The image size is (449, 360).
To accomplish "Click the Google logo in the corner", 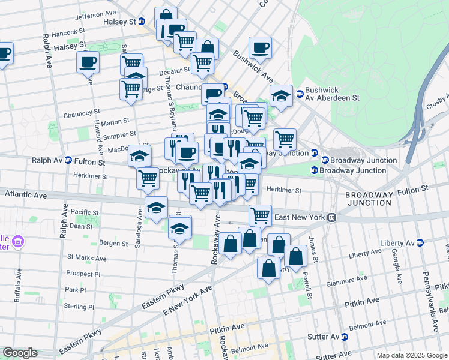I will click(20, 353).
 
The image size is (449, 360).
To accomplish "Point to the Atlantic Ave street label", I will click(26, 194).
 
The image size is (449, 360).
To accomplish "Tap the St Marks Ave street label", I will click(86, 258).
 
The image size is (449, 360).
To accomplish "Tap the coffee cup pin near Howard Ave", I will click(88, 61).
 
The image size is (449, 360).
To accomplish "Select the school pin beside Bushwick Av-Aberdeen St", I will click(281, 95).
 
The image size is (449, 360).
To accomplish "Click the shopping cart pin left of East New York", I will click(260, 214).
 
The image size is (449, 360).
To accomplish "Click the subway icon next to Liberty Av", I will click(420, 242).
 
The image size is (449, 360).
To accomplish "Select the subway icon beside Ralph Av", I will click(68, 161).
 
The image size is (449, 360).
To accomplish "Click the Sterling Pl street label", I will click(79, 307).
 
